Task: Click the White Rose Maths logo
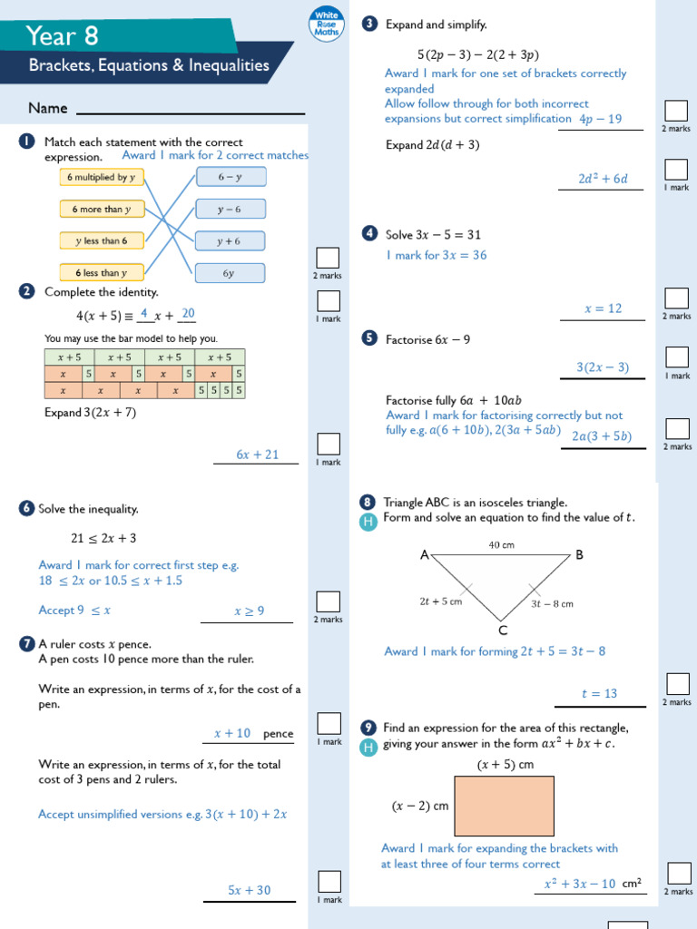pyautogui.click(x=326, y=24)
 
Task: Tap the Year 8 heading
pyautogui.click(x=62, y=35)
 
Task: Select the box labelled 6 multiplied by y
pyautogui.click(x=102, y=178)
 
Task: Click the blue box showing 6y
pyautogui.click(x=230, y=273)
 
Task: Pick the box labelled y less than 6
pyautogui.click(x=102, y=240)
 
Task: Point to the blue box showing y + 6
pyautogui.click(x=230, y=241)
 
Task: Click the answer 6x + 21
pyautogui.click(x=258, y=455)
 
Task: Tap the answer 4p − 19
pyautogui.click(x=600, y=119)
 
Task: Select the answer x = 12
pyautogui.click(x=603, y=308)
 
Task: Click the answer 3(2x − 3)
pyautogui.click(x=602, y=367)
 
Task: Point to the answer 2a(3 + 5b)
pyautogui.click(x=602, y=436)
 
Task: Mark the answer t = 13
pyautogui.click(x=599, y=694)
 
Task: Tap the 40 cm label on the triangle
pyautogui.click(x=501, y=545)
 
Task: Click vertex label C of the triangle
pyautogui.click(x=502, y=630)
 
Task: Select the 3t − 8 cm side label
pyautogui.click(x=552, y=603)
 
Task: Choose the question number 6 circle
pyautogui.click(x=26, y=510)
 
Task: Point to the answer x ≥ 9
pyautogui.click(x=249, y=611)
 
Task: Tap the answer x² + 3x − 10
pyautogui.click(x=579, y=884)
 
